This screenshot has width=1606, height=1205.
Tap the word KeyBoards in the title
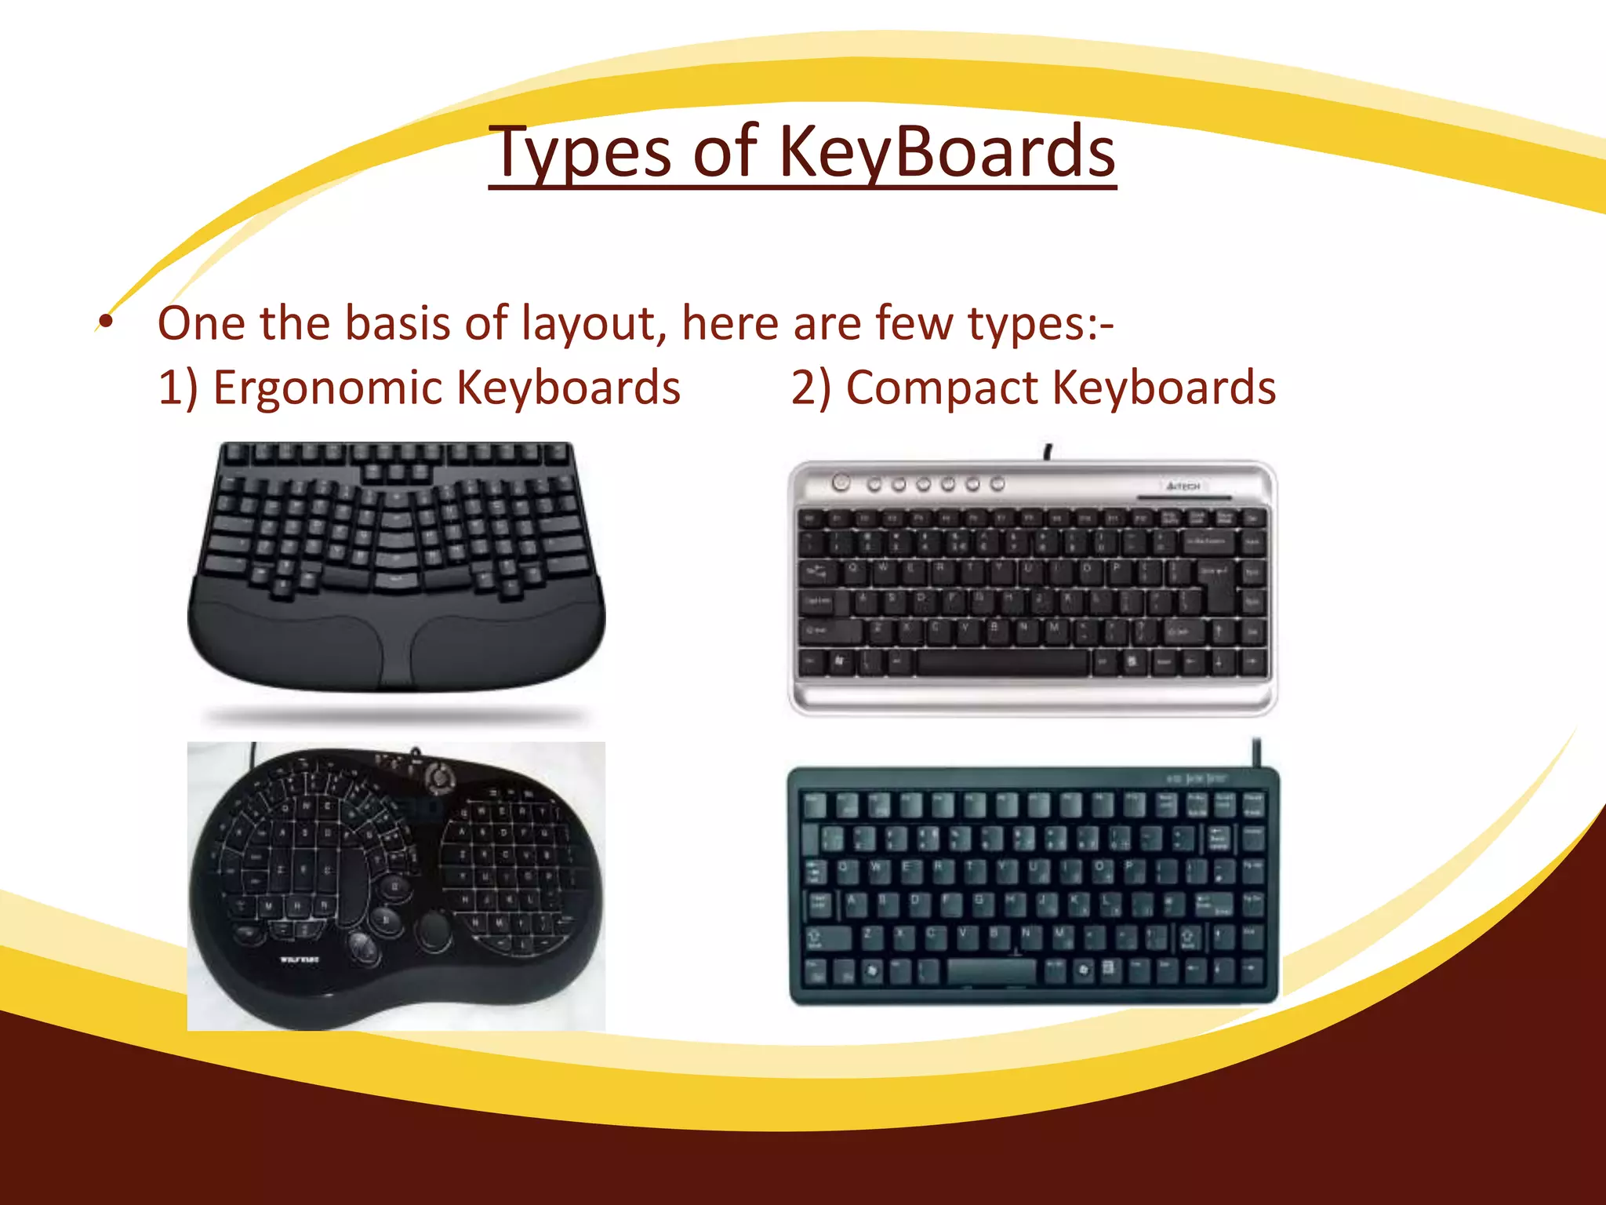[947, 152]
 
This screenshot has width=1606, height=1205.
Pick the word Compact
[941, 388]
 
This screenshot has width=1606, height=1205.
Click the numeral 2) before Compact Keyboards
[811, 388]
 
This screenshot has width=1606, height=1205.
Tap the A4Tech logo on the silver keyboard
[1183, 486]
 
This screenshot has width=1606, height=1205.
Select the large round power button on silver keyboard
[841, 482]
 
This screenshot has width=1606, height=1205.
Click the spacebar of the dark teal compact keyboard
[991, 970]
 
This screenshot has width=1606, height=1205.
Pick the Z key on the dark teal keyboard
[868, 935]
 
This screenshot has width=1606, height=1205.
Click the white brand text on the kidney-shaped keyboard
[300, 959]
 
